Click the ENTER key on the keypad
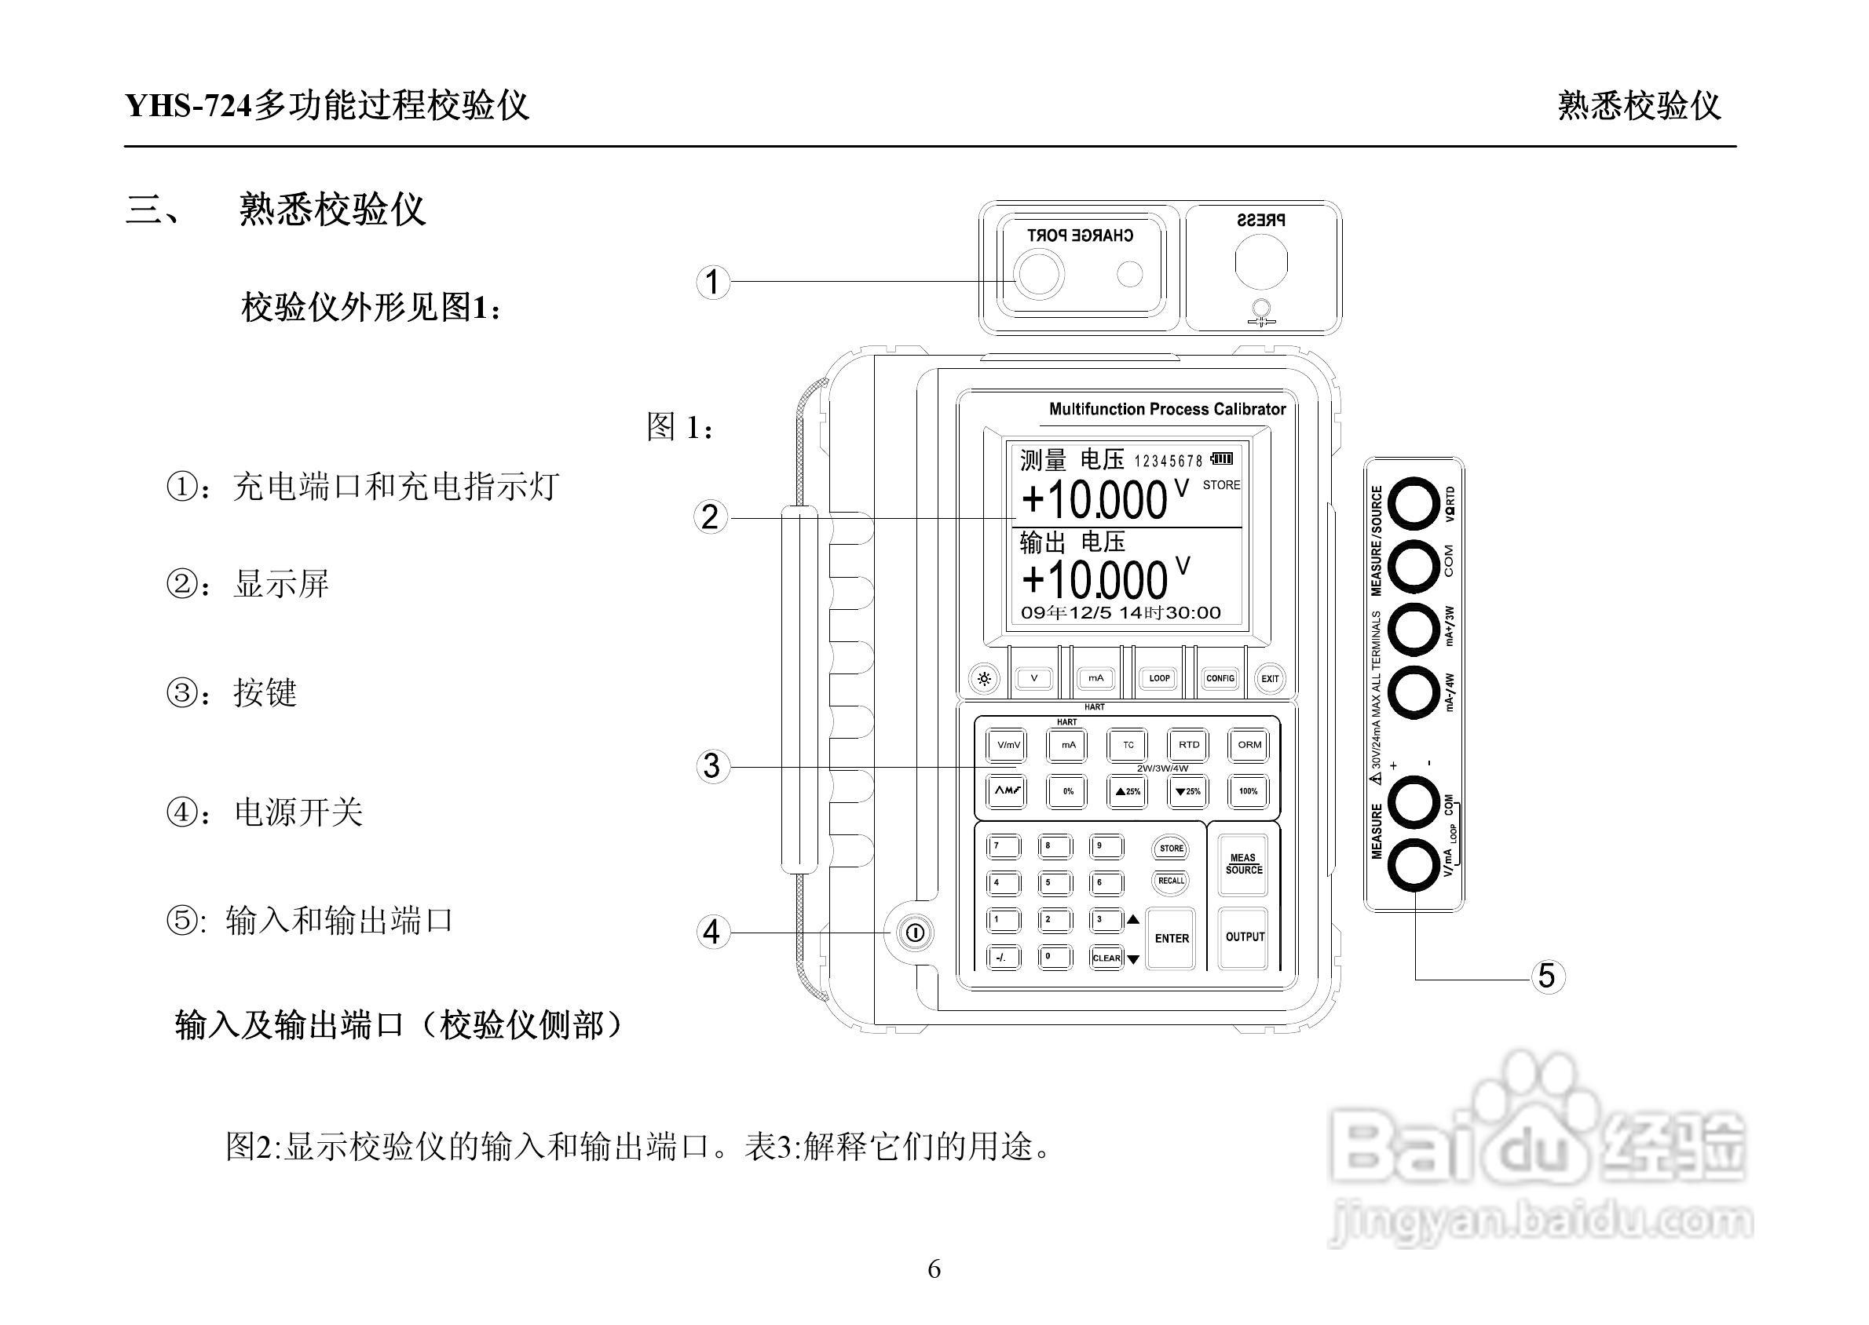tap(1171, 938)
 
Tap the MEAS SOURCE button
tap(1244, 863)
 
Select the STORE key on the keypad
tap(1170, 849)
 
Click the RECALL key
tap(1170, 882)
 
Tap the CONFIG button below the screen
tap(1220, 678)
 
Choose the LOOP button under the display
tap(1159, 678)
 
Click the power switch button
tap(914, 933)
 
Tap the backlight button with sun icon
tap(985, 679)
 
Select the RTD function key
tap(1189, 745)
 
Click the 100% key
tap(1249, 791)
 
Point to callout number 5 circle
tap(1546, 976)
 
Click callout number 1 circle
tap(712, 283)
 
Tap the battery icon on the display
tap(1222, 458)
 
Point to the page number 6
tap(934, 1268)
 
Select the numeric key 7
tap(1003, 847)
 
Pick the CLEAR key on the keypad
tap(1106, 958)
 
